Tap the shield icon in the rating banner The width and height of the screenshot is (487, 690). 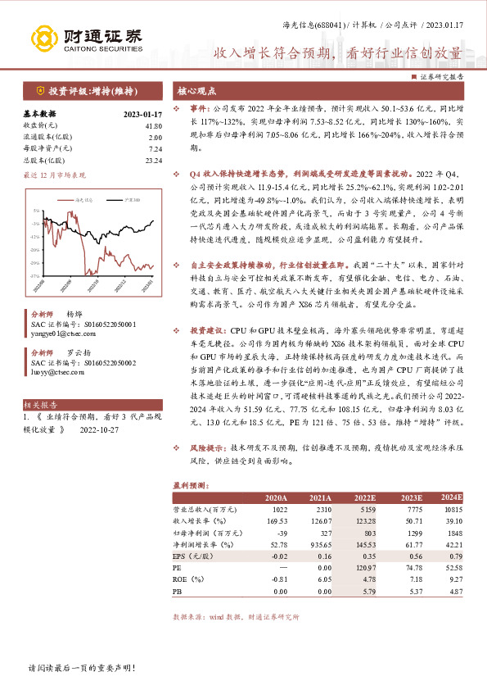coord(38,90)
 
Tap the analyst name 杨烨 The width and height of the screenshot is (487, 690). coord(74,314)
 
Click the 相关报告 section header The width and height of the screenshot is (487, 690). coord(39,405)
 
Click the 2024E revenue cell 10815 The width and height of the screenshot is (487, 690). coord(452,509)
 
